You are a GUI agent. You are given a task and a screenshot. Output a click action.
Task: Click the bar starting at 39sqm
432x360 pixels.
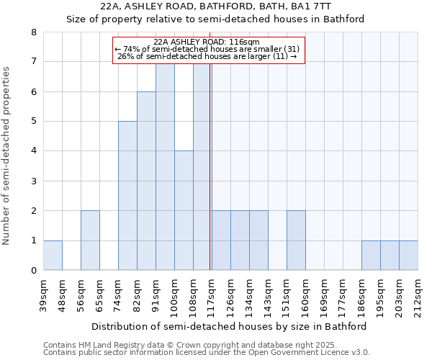pyautogui.click(x=53, y=256)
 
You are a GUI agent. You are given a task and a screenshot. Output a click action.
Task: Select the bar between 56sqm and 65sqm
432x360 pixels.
pyautogui.click(x=90, y=240)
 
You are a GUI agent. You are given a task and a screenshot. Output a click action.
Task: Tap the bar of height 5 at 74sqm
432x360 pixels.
pyautogui.click(x=127, y=196)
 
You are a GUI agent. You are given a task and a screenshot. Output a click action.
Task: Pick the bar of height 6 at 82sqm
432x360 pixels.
pyautogui.click(x=146, y=181)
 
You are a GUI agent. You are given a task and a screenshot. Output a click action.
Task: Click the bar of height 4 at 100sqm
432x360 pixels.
pyautogui.click(x=184, y=210)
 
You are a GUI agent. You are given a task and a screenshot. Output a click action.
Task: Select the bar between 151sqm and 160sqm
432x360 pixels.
pyautogui.click(x=296, y=240)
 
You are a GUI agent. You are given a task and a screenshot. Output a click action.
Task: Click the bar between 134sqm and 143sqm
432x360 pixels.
pyautogui.click(x=258, y=240)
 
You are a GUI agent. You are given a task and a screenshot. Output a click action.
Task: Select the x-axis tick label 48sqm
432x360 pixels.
pyautogui.click(x=62, y=293)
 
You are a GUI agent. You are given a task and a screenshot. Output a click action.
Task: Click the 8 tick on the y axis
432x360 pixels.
pyautogui.click(x=33, y=32)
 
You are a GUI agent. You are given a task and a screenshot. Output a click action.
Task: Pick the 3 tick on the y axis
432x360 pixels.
pyautogui.click(x=33, y=181)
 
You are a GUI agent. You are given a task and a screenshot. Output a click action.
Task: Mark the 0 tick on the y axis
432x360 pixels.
pyautogui.click(x=33, y=271)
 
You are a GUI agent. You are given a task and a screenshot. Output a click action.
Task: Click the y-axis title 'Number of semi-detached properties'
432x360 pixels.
pyautogui.click(x=7, y=155)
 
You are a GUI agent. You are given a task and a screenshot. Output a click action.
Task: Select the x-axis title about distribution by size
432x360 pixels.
pyautogui.click(x=230, y=326)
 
